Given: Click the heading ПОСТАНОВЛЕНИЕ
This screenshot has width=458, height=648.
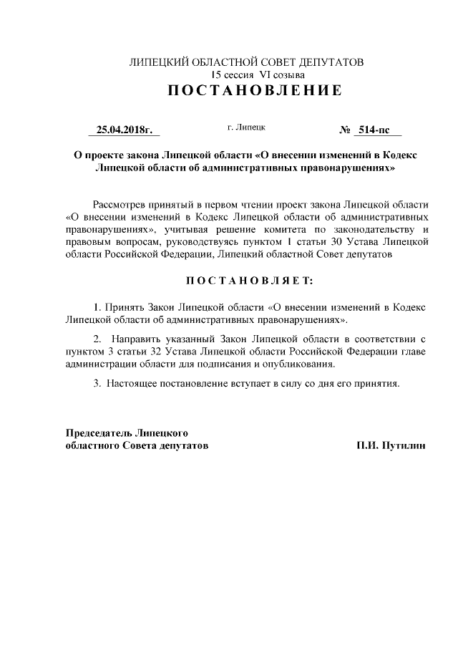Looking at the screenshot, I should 245,91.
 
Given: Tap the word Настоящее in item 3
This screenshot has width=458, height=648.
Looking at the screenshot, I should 133,383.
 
